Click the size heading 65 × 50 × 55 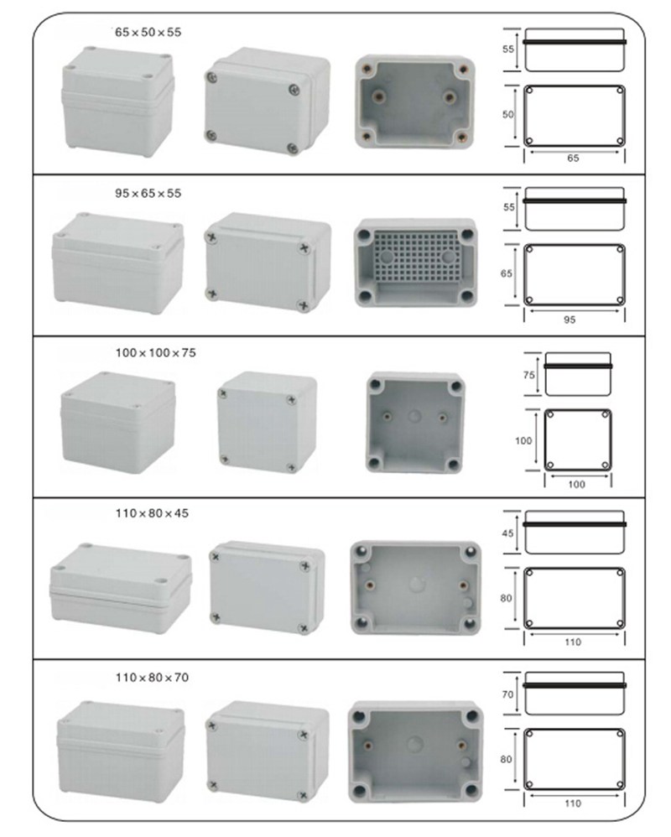coord(148,32)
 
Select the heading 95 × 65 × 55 coord(148,193)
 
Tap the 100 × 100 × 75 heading coord(155,353)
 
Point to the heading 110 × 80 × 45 coord(152,513)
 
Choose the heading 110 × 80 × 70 coord(152,678)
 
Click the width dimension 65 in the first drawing coord(573,158)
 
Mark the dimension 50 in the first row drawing coord(507,114)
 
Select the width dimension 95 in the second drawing coord(570,320)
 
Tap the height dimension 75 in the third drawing coord(528,375)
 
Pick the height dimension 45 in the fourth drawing coord(507,533)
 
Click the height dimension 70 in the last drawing coord(507,694)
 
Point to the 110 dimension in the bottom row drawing coord(573,803)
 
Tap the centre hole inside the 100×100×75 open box coord(415,416)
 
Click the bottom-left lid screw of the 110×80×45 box coord(216,617)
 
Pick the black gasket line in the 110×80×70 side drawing coord(575,685)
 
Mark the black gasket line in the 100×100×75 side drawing coord(578,367)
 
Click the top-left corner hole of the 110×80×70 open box coord(360,716)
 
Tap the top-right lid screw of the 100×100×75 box coord(291,400)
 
